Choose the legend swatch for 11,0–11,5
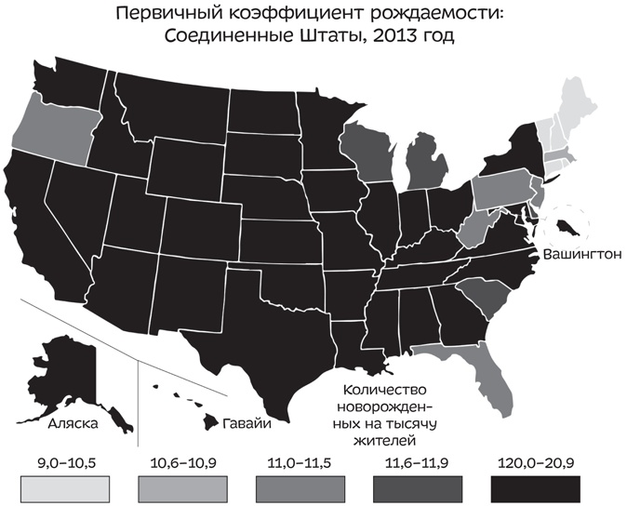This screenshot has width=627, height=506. click(303, 486)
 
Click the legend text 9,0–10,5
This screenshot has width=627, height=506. click(64, 460)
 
